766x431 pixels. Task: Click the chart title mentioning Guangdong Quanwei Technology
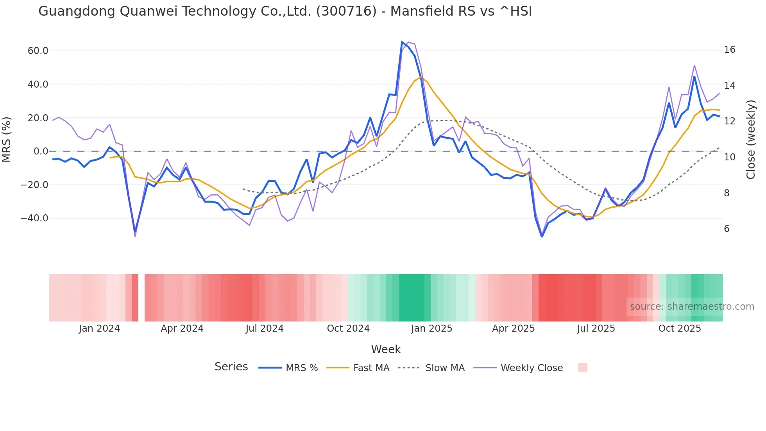(285, 11)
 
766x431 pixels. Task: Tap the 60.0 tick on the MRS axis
(38, 51)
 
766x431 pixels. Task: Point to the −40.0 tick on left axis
(34, 218)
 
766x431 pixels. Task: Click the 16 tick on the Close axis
(729, 50)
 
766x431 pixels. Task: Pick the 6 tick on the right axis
(727, 229)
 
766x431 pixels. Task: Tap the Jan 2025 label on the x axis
(431, 329)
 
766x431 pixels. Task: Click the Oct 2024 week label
(348, 329)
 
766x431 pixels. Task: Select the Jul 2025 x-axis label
(596, 329)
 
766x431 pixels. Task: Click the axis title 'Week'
(386, 349)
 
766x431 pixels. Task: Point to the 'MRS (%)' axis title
(7, 140)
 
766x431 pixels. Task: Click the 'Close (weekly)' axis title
(750, 140)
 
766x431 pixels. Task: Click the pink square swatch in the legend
(582, 368)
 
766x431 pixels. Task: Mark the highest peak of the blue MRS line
(402, 41)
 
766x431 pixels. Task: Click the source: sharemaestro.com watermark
(692, 307)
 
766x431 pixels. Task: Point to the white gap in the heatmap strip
(141, 298)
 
